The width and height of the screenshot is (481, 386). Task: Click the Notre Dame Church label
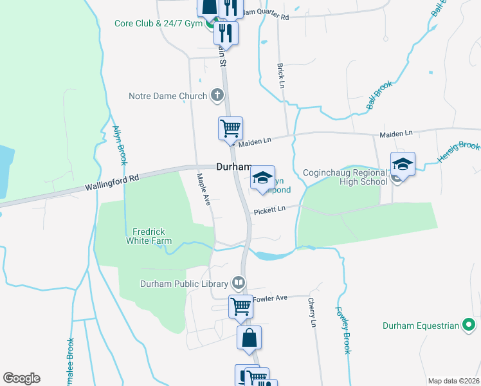(168, 96)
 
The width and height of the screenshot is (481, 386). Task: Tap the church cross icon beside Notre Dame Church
(217, 96)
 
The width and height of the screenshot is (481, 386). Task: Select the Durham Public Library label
(185, 284)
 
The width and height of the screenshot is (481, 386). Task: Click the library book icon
(238, 283)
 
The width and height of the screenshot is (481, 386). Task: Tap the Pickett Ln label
(269, 210)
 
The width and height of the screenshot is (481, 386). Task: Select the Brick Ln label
(280, 76)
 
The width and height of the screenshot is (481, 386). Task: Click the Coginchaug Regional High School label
(345, 177)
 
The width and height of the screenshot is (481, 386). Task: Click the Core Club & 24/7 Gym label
(158, 24)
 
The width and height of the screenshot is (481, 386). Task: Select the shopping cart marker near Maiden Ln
(230, 127)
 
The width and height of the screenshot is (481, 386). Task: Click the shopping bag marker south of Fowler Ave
(249, 338)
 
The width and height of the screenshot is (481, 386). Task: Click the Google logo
(21, 378)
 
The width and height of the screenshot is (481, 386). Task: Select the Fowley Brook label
(342, 329)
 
